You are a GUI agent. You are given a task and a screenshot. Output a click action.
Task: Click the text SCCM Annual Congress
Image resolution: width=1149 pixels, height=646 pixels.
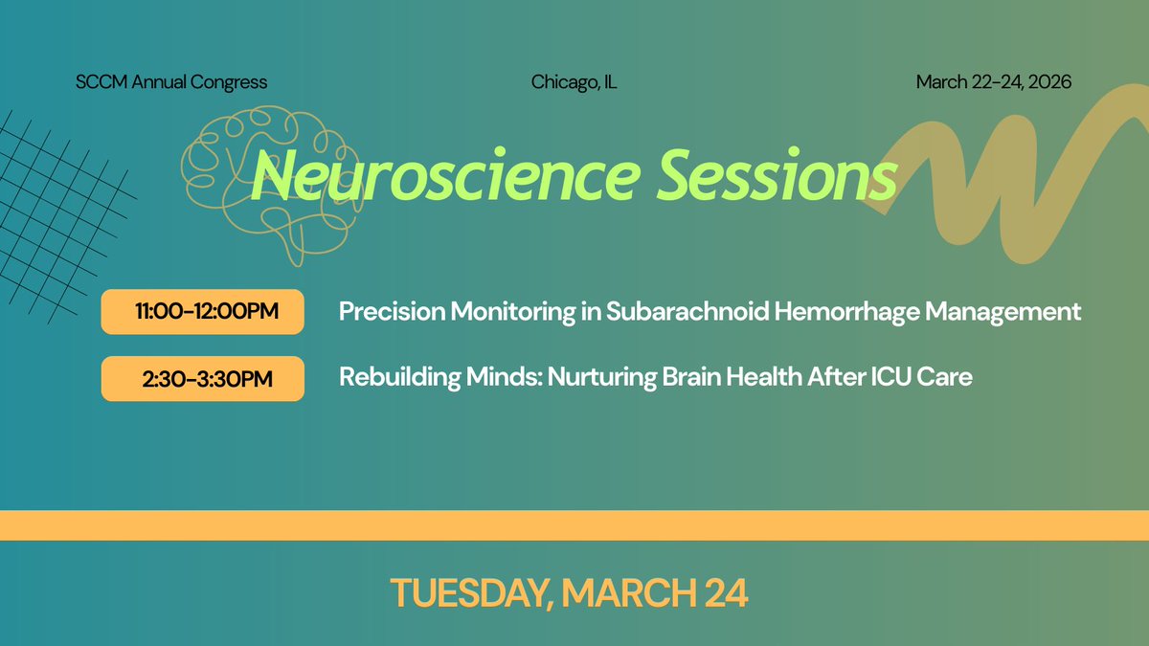171,82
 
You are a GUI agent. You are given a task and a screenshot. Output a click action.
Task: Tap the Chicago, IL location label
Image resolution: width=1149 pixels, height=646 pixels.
574,82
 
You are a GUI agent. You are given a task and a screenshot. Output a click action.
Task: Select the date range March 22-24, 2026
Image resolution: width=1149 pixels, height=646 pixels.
993,82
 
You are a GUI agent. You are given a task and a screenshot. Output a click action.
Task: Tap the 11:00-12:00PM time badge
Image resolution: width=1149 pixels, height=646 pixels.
202,312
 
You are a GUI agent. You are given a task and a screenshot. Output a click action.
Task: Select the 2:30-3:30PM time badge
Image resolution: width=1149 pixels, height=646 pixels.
202,379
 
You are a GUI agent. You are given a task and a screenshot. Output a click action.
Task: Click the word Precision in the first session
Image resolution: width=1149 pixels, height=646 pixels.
391,312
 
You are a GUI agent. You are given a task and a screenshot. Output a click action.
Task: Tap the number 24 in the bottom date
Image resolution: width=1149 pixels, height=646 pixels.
724,593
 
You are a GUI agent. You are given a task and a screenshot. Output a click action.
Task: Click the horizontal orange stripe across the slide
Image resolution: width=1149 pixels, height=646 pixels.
574,525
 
